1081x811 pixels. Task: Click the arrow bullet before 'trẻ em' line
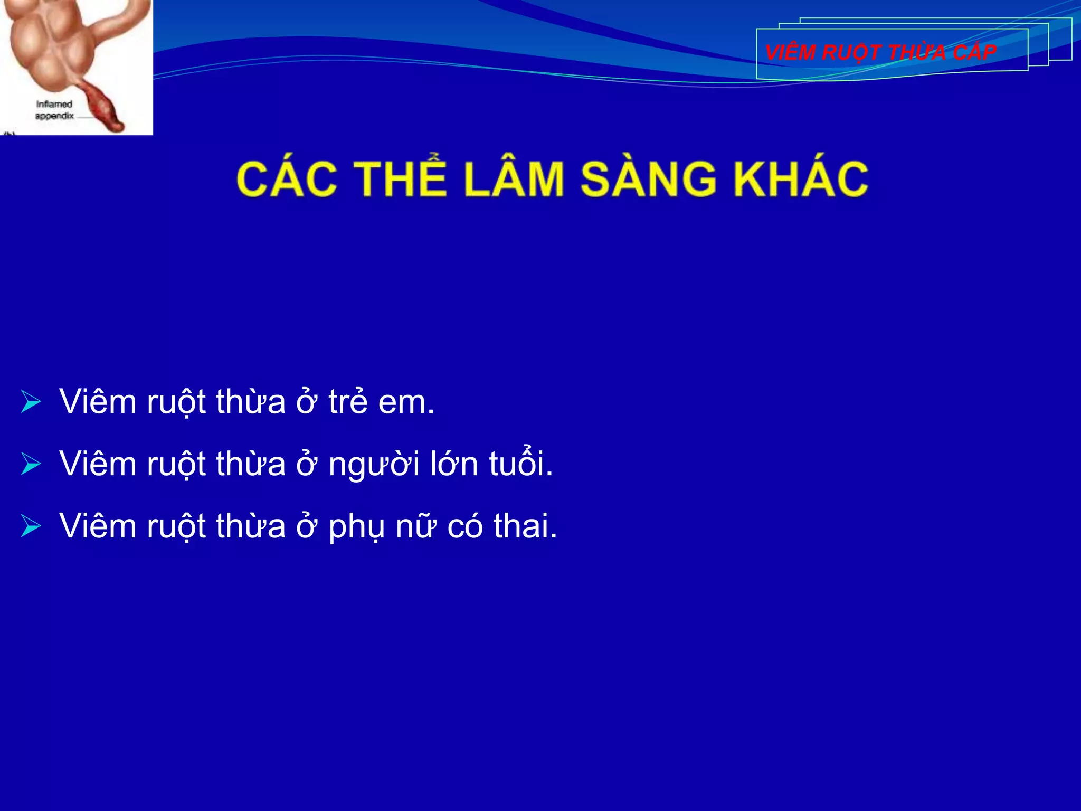coord(31,402)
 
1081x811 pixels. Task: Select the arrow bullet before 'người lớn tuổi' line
coord(31,464)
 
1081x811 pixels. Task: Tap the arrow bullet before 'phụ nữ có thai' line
coord(31,526)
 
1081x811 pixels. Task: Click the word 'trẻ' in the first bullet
coord(348,402)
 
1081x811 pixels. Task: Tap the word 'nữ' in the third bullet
coord(416,527)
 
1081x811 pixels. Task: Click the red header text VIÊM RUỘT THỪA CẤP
coord(880,52)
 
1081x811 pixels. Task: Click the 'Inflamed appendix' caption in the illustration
coord(54,110)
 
